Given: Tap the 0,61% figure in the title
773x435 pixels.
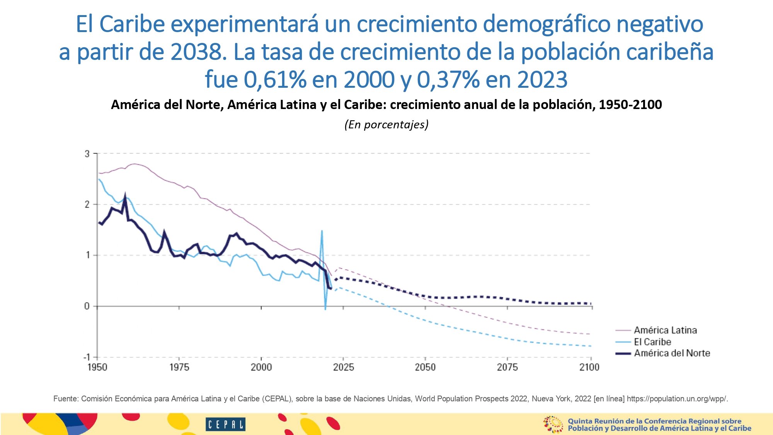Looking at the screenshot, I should click(x=275, y=80).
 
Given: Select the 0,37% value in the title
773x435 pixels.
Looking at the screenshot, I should click(x=448, y=80).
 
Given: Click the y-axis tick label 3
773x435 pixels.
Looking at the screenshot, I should click(x=87, y=154).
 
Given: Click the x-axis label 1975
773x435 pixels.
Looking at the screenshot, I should click(x=179, y=367).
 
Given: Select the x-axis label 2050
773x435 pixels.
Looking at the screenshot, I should click(x=425, y=367).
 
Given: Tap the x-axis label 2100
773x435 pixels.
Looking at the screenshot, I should click(x=589, y=367).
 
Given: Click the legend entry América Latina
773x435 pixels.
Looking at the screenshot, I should click(x=665, y=330).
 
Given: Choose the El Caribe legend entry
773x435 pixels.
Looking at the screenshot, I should click(x=652, y=342).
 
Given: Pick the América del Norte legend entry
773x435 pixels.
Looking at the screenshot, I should click(x=672, y=353).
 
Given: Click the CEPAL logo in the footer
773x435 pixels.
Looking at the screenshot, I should click(x=225, y=424).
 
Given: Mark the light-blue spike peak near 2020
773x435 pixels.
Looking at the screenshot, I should click(x=322, y=231).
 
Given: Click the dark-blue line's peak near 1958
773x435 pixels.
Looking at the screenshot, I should click(x=125, y=195).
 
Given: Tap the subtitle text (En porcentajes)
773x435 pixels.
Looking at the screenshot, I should click(x=386, y=125).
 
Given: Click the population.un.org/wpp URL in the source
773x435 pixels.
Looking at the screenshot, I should click(x=677, y=399).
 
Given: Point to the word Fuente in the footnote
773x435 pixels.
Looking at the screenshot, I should click(x=66, y=399).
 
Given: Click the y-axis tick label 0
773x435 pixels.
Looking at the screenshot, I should click(x=87, y=306).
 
